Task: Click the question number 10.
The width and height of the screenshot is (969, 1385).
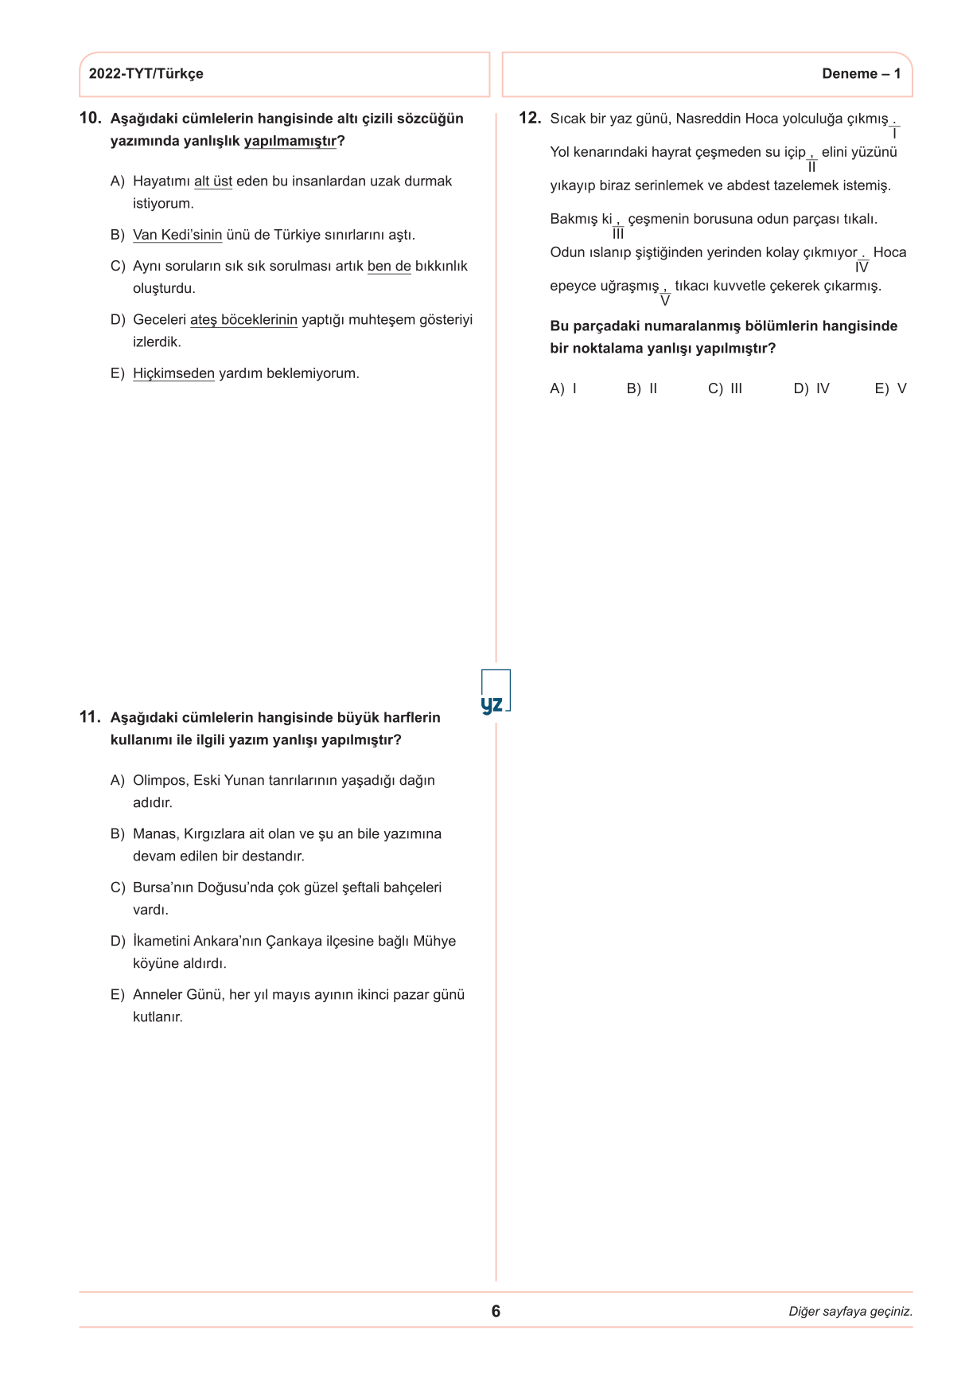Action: pos(90,119)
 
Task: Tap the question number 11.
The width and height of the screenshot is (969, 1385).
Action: pos(90,717)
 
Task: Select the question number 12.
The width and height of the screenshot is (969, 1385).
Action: pos(529,119)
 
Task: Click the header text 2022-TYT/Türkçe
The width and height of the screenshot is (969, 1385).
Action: pos(146,74)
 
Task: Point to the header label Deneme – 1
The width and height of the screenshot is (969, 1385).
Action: pos(861,74)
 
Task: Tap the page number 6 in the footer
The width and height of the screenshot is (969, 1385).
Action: pos(496,1311)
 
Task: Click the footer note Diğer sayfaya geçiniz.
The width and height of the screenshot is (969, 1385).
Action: pos(850,1312)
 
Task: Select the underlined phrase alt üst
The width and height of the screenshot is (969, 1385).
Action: pos(213,181)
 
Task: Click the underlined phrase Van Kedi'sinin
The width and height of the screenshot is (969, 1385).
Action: pos(177,235)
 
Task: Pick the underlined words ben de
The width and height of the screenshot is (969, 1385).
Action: pos(389,266)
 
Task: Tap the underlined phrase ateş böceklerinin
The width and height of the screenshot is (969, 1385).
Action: pos(243,320)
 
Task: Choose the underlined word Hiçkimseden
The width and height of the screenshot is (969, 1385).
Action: pos(173,373)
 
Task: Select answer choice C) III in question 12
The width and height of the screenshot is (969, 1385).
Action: pos(725,388)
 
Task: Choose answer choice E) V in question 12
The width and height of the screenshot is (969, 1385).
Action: pos(890,388)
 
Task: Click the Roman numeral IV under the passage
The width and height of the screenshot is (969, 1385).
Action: pos(862,268)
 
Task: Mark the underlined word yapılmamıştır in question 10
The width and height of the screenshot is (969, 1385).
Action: pos(290,141)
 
